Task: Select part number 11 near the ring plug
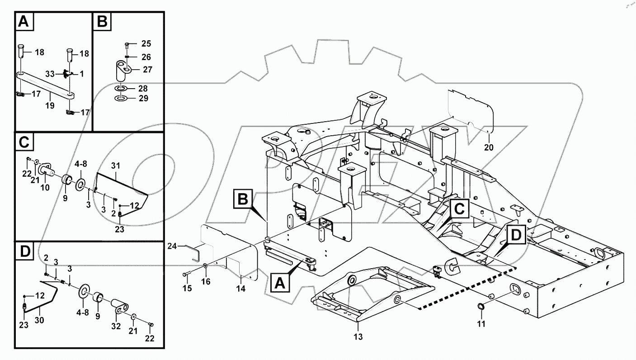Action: click(x=482, y=324)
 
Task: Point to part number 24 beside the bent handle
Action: click(x=172, y=246)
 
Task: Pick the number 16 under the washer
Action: click(x=206, y=282)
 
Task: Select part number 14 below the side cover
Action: click(x=241, y=288)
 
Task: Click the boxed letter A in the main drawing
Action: click(x=280, y=283)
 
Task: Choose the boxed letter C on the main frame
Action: click(x=459, y=208)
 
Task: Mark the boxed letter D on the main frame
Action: click(x=516, y=235)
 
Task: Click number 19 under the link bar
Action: click(x=50, y=106)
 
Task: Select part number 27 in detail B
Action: click(x=147, y=70)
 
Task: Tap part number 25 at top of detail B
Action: click(x=146, y=44)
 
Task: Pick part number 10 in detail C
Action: click(x=46, y=187)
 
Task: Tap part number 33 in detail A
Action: click(x=50, y=73)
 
